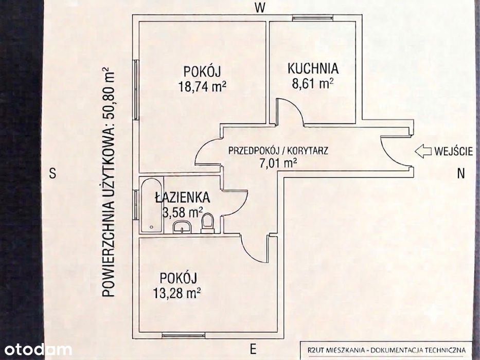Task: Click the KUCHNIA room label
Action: coord(313,68)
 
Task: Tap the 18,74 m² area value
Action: coord(202,86)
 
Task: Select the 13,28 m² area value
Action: coord(177,293)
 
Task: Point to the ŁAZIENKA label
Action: coord(183,197)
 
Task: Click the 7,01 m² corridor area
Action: coord(278,164)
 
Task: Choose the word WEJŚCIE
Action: coord(453,152)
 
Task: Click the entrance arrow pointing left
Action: coord(423,152)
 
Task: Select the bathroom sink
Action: coord(182,227)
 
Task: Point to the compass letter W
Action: coord(260,8)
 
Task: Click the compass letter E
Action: coord(253,349)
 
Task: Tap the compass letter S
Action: coord(53,174)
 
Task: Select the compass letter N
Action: coord(461,174)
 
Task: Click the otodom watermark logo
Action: coord(38,350)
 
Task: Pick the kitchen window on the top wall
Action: coord(313,18)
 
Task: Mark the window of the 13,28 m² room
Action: coord(183,336)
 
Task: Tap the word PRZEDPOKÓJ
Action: coord(253,151)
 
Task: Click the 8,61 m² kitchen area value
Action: coord(313,83)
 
